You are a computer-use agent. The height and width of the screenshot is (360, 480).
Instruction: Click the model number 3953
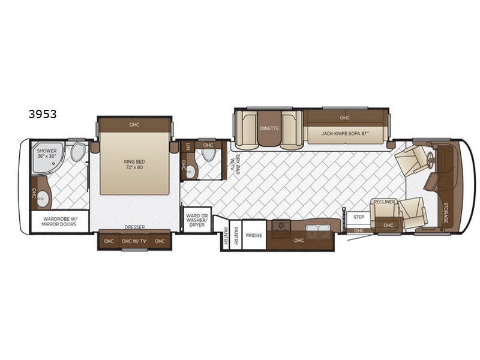(43, 114)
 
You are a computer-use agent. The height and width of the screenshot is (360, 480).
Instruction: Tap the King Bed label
(134, 164)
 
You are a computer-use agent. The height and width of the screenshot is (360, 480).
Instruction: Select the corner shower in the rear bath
(47, 157)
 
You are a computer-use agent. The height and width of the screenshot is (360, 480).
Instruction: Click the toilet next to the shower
(78, 152)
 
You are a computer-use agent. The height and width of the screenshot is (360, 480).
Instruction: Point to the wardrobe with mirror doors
(60, 221)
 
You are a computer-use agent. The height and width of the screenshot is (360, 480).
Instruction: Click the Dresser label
(134, 227)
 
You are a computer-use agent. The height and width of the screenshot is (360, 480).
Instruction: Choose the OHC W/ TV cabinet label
(134, 241)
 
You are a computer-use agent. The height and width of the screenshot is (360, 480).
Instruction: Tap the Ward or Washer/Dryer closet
(197, 220)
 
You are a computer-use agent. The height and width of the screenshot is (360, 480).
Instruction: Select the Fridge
(254, 235)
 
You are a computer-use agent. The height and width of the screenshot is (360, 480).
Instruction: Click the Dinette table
(269, 128)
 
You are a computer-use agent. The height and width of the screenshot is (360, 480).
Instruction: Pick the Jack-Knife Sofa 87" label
(345, 133)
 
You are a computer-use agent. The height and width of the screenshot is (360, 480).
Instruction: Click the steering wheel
(430, 160)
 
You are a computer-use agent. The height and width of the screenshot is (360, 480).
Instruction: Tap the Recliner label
(384, 202)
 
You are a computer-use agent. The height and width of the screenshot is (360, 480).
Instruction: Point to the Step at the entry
(358, 217)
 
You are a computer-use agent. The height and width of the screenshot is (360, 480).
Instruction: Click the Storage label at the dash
(446, 213)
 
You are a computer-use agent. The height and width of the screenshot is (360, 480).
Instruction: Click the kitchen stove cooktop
(281, 226)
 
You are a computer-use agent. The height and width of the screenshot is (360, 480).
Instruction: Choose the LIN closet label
(188, 146)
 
